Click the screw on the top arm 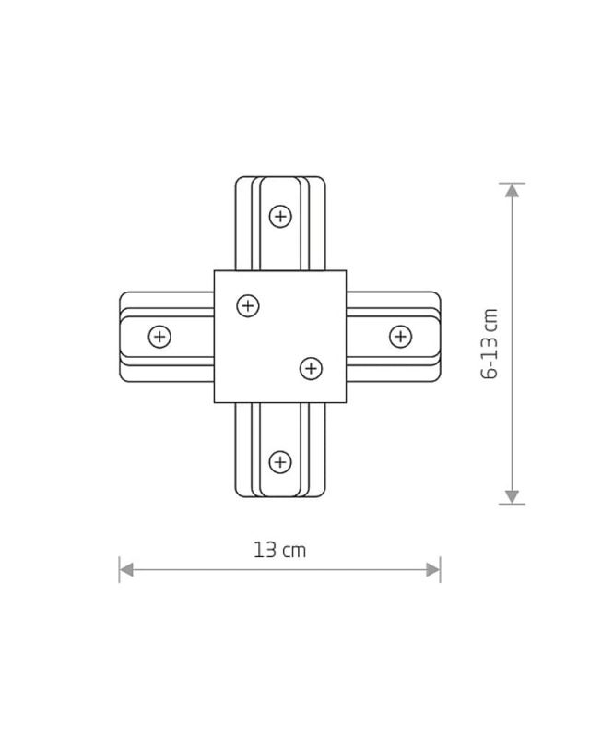click(280, 217)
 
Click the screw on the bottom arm click(280, 462)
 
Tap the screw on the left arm click(159, 337)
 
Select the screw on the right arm click(400, 337)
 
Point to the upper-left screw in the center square click(248, 305)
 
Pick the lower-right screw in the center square click(311, 369)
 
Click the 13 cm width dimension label click(279, 551)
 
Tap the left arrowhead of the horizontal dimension click(126, 570)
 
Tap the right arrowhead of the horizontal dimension click(433, 570)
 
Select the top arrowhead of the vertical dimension click(513, 190)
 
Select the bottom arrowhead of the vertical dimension click(513, 497)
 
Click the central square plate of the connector click(280, 337)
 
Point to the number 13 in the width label click(265, 551)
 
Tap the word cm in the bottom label click(294, 552)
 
